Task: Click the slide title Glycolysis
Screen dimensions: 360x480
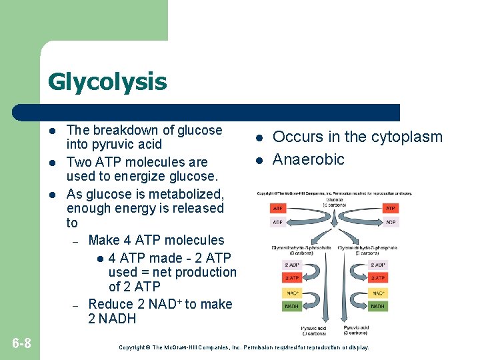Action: pyautogui.click(x=107, y=83)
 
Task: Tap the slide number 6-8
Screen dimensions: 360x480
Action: pyautogui.click(x=21, y=343)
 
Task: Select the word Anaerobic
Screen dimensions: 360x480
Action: pyautogui.click(x=309, y=159)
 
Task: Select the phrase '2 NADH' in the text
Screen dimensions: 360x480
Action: pyautogui.click(x=112, y=319)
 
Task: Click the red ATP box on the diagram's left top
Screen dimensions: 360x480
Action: pyautogui.click(x=279, y=209)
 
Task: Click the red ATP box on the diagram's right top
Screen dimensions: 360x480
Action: pyautogui.click(x=391, y=209)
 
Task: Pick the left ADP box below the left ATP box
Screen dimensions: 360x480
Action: pyautogui.click(x=279, y=222)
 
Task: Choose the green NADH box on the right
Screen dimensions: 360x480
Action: pyautogui.click(x=377, y=306)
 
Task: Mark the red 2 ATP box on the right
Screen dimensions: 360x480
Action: pyautogui.click(x=377, y=278)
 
